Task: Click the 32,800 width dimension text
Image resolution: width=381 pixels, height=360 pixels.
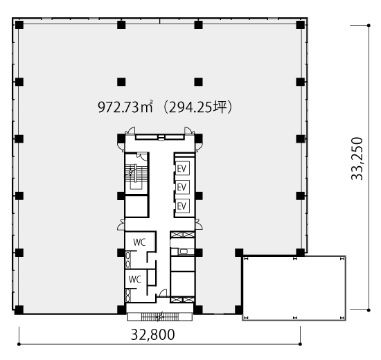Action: [x=152, y=334]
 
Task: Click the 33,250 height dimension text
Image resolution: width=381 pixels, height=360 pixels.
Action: [x=357, y=159]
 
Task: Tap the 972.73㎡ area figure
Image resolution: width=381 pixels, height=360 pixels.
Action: [x=125, y=107]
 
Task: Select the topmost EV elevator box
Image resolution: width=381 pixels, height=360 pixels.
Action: [x=182, y=168]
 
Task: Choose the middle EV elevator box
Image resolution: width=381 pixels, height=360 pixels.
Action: [x=182, y=188]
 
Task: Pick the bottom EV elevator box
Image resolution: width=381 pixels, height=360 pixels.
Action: [x=182, y=206]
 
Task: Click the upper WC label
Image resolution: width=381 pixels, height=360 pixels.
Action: [x=139, y=242]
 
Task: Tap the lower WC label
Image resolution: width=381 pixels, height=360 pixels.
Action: [x=135, y=280]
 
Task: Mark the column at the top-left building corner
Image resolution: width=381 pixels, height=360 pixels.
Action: [x=19, y=25]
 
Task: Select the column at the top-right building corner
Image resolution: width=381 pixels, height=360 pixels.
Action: [x=301, y=25]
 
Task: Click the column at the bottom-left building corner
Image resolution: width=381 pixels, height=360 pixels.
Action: [x=19, y=310]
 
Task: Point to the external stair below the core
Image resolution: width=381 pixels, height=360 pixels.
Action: [x=160, y=316]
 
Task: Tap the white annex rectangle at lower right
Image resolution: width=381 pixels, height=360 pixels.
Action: [x=294, y=288]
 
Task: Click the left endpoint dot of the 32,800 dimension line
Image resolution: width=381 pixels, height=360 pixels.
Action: [x=19, y=344]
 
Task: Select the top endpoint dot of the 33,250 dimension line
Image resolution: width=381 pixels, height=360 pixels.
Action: [x=369, y=25]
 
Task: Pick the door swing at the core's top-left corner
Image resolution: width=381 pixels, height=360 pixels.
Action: [x=132, y=131]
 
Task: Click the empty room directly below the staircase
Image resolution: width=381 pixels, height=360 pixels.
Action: [x=136, y=206]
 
